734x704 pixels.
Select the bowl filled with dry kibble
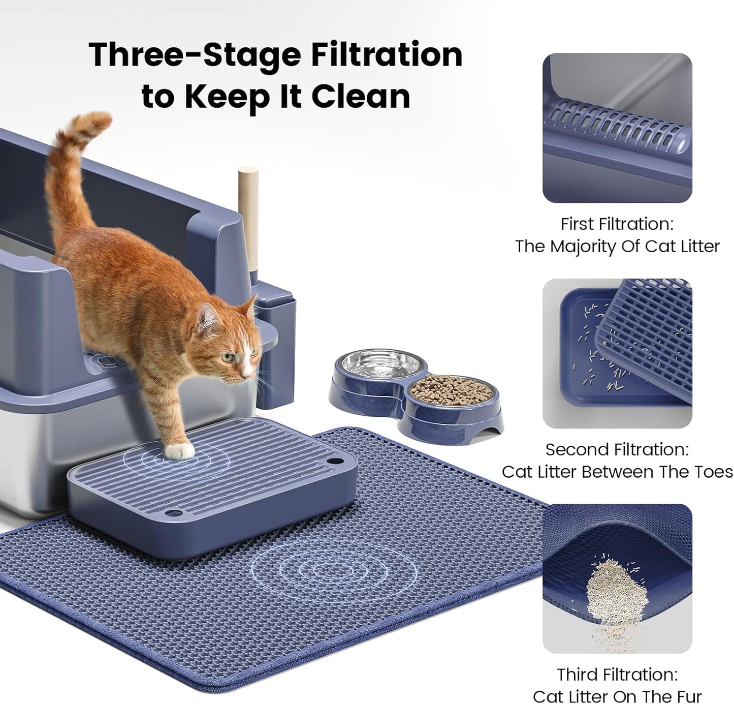(451, 391)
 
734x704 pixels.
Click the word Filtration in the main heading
(387, 54)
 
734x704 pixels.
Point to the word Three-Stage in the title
(195, 54)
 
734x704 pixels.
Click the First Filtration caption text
(617, 224)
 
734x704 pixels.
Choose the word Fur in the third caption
(689, 696)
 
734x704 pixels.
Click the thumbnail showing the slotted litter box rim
(617, 128)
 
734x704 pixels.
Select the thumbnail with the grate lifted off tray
(617, 353)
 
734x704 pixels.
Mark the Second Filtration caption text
(617, 449)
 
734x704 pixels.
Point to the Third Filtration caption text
(617, 675)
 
